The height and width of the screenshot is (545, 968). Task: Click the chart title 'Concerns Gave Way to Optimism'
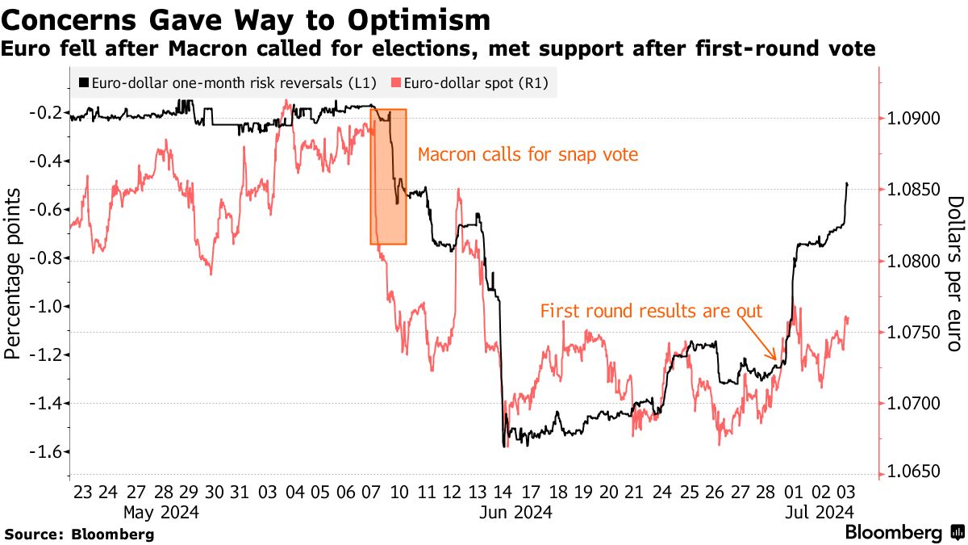[x=246, y=19]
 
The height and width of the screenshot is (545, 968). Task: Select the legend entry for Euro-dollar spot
[x=472, y=82]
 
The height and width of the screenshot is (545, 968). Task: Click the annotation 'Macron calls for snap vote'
[x=528, y=154]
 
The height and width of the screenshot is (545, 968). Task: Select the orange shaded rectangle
[x=388, y=177]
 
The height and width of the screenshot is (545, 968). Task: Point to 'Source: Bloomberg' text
[x=79, y=535]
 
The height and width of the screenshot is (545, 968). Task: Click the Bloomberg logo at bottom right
[x=904, y=533]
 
